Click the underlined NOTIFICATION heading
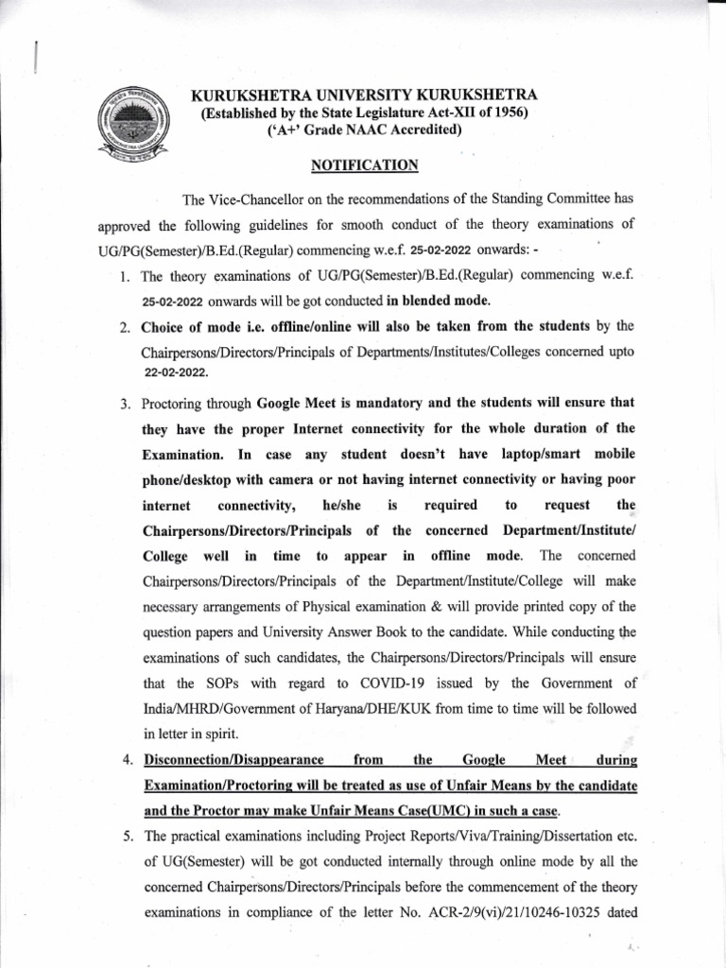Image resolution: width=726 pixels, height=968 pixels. coord(364,165)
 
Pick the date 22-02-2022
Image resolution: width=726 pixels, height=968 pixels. coord(176,373)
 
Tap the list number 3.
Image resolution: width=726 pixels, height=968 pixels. coord(125,404)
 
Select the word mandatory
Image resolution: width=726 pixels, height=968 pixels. coord(366,404)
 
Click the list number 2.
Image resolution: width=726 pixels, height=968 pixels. coord(125,327)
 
